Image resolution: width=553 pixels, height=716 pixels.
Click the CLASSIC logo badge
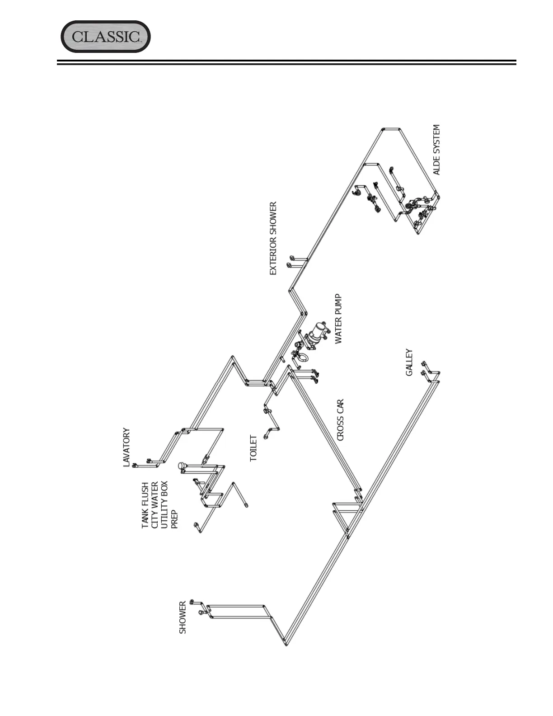(105, 37)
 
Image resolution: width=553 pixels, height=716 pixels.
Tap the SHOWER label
(183, 617)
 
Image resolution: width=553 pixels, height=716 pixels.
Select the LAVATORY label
(127, 447)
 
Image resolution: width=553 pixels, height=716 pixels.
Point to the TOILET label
(254, 448)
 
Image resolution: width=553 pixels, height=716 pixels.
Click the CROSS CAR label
(340, 419)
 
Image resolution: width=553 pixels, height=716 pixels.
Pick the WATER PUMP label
(338, 319)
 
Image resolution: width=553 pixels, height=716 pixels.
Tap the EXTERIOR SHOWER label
(273, 238)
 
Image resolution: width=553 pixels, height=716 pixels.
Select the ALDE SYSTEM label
(436, 150)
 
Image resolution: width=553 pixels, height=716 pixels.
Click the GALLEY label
(409, 362)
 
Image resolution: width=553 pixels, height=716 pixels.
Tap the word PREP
(175, 519)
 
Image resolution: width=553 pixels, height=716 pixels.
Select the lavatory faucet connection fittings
(141, 463)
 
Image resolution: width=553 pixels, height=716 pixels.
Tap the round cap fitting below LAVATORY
(182, 465)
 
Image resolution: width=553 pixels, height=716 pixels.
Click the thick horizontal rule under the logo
(286, 62)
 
